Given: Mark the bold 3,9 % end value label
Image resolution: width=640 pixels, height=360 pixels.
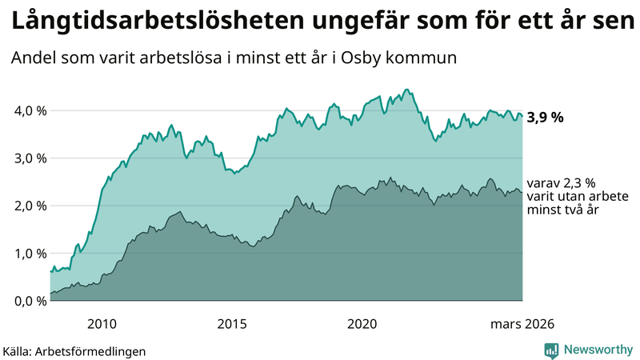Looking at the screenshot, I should click(545, 117).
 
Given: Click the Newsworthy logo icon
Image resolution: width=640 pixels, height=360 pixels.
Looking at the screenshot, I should click(551, 350).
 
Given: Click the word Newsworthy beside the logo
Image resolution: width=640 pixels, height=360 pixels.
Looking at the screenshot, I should click(597, 350).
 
